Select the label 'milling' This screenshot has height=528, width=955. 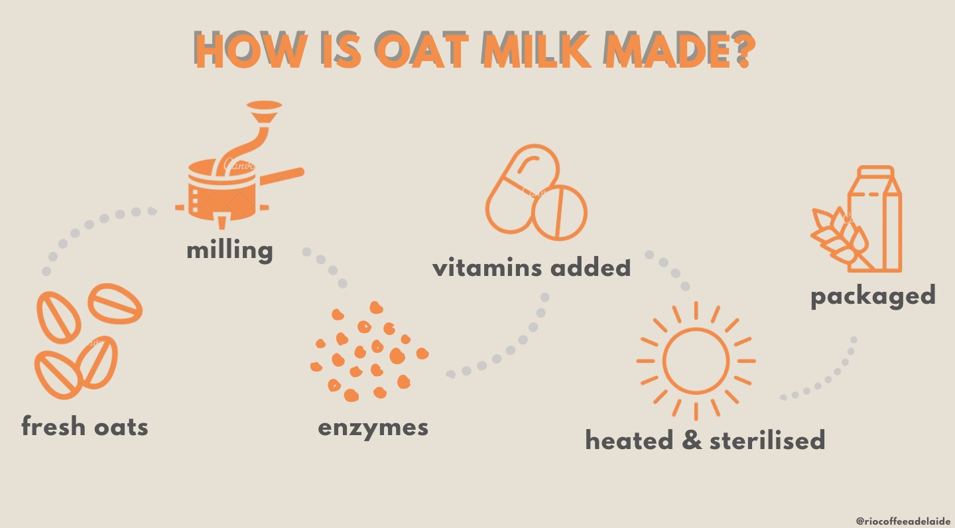pyautogui.click(x=229, y=250)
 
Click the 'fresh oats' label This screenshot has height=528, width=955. pyautogui.click(x=85, y=426)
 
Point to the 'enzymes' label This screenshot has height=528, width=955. pyautogui.click(x=373, y=427)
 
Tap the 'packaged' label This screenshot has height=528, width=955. pyautogui.click(x=873, y=295)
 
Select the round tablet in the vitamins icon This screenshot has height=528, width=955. pyautogui.click(x=560, y=212)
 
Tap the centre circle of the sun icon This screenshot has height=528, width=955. pyautogui.click(x=696, y=361)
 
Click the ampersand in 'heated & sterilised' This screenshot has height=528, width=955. pyautogui.click(x=692, y=440)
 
